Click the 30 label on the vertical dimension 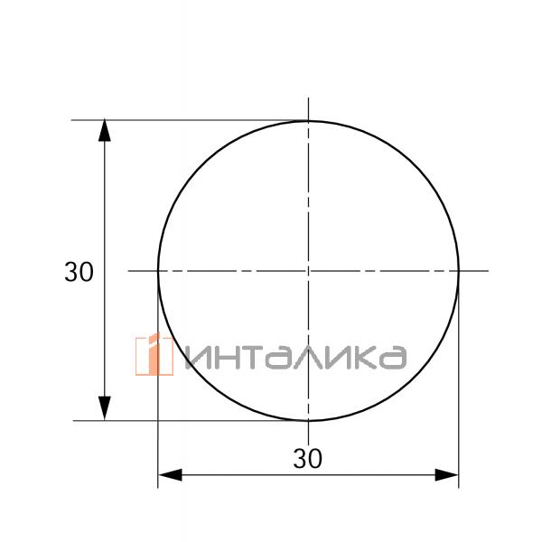pyautogui.click(x=79, y=272)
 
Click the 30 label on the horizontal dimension pyautogui.click(x=308, y=459)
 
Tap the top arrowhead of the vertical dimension pyautogui.click(x=105, y=130)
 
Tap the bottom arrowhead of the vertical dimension pyautogui.click(x=105, y=410)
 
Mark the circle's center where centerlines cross pyautogui.click(x=309, y=270)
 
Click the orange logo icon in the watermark pyautogui.click(x=154, y=355)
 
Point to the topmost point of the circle pyautogui.click(x=309, y=120)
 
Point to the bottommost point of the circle pyautogui.click(x=309, y=420)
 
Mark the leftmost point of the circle pyautogui.click(x=159, y=270)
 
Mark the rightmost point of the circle pyautogui.click(x=459, y=270)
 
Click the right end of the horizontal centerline pyautogui.click(x=489, y=270)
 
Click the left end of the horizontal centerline pyautogui.click(x=128, y=270)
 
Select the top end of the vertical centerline pyautogui.click(x=309, y=98)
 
